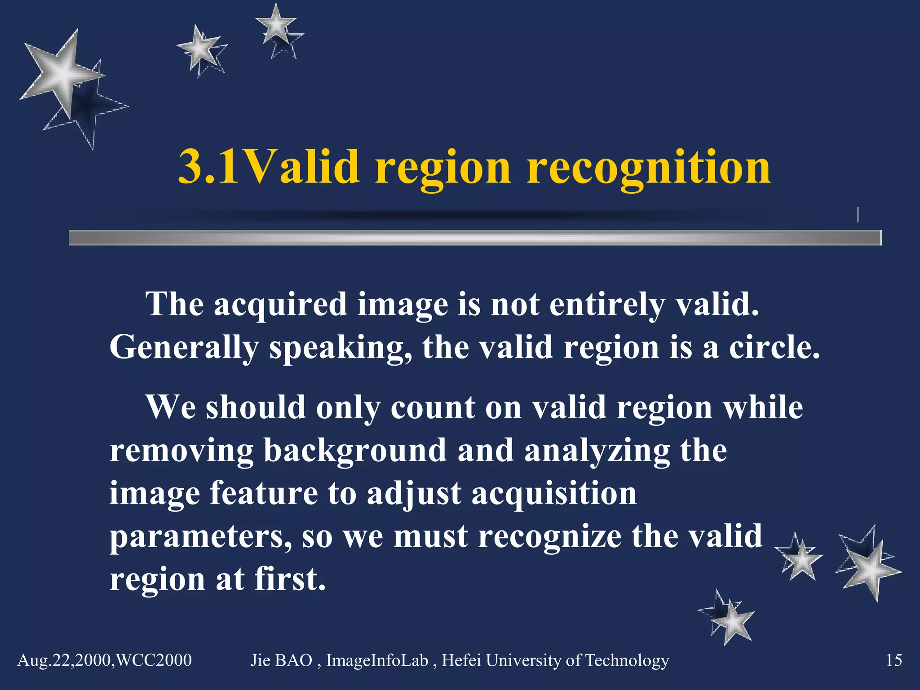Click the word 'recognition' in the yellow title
(649, 167)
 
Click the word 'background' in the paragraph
(355, 450)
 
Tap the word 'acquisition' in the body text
(554, 493)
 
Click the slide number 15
(893, 660)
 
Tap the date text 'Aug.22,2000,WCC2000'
(104, 660)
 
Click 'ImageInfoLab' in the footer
(377, 660)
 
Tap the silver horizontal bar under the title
(474, 238)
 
